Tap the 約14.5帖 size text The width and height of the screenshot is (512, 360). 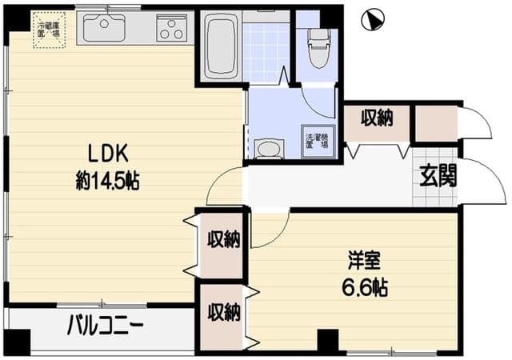108,181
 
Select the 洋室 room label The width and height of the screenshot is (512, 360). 364,260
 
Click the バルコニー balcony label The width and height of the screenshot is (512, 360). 105,326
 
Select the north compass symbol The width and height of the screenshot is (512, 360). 371,20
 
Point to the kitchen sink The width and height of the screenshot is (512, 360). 104,28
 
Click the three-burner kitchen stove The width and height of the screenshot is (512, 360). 171,29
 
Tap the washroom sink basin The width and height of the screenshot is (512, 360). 268,148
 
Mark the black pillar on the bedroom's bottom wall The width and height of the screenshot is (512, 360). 328,340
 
